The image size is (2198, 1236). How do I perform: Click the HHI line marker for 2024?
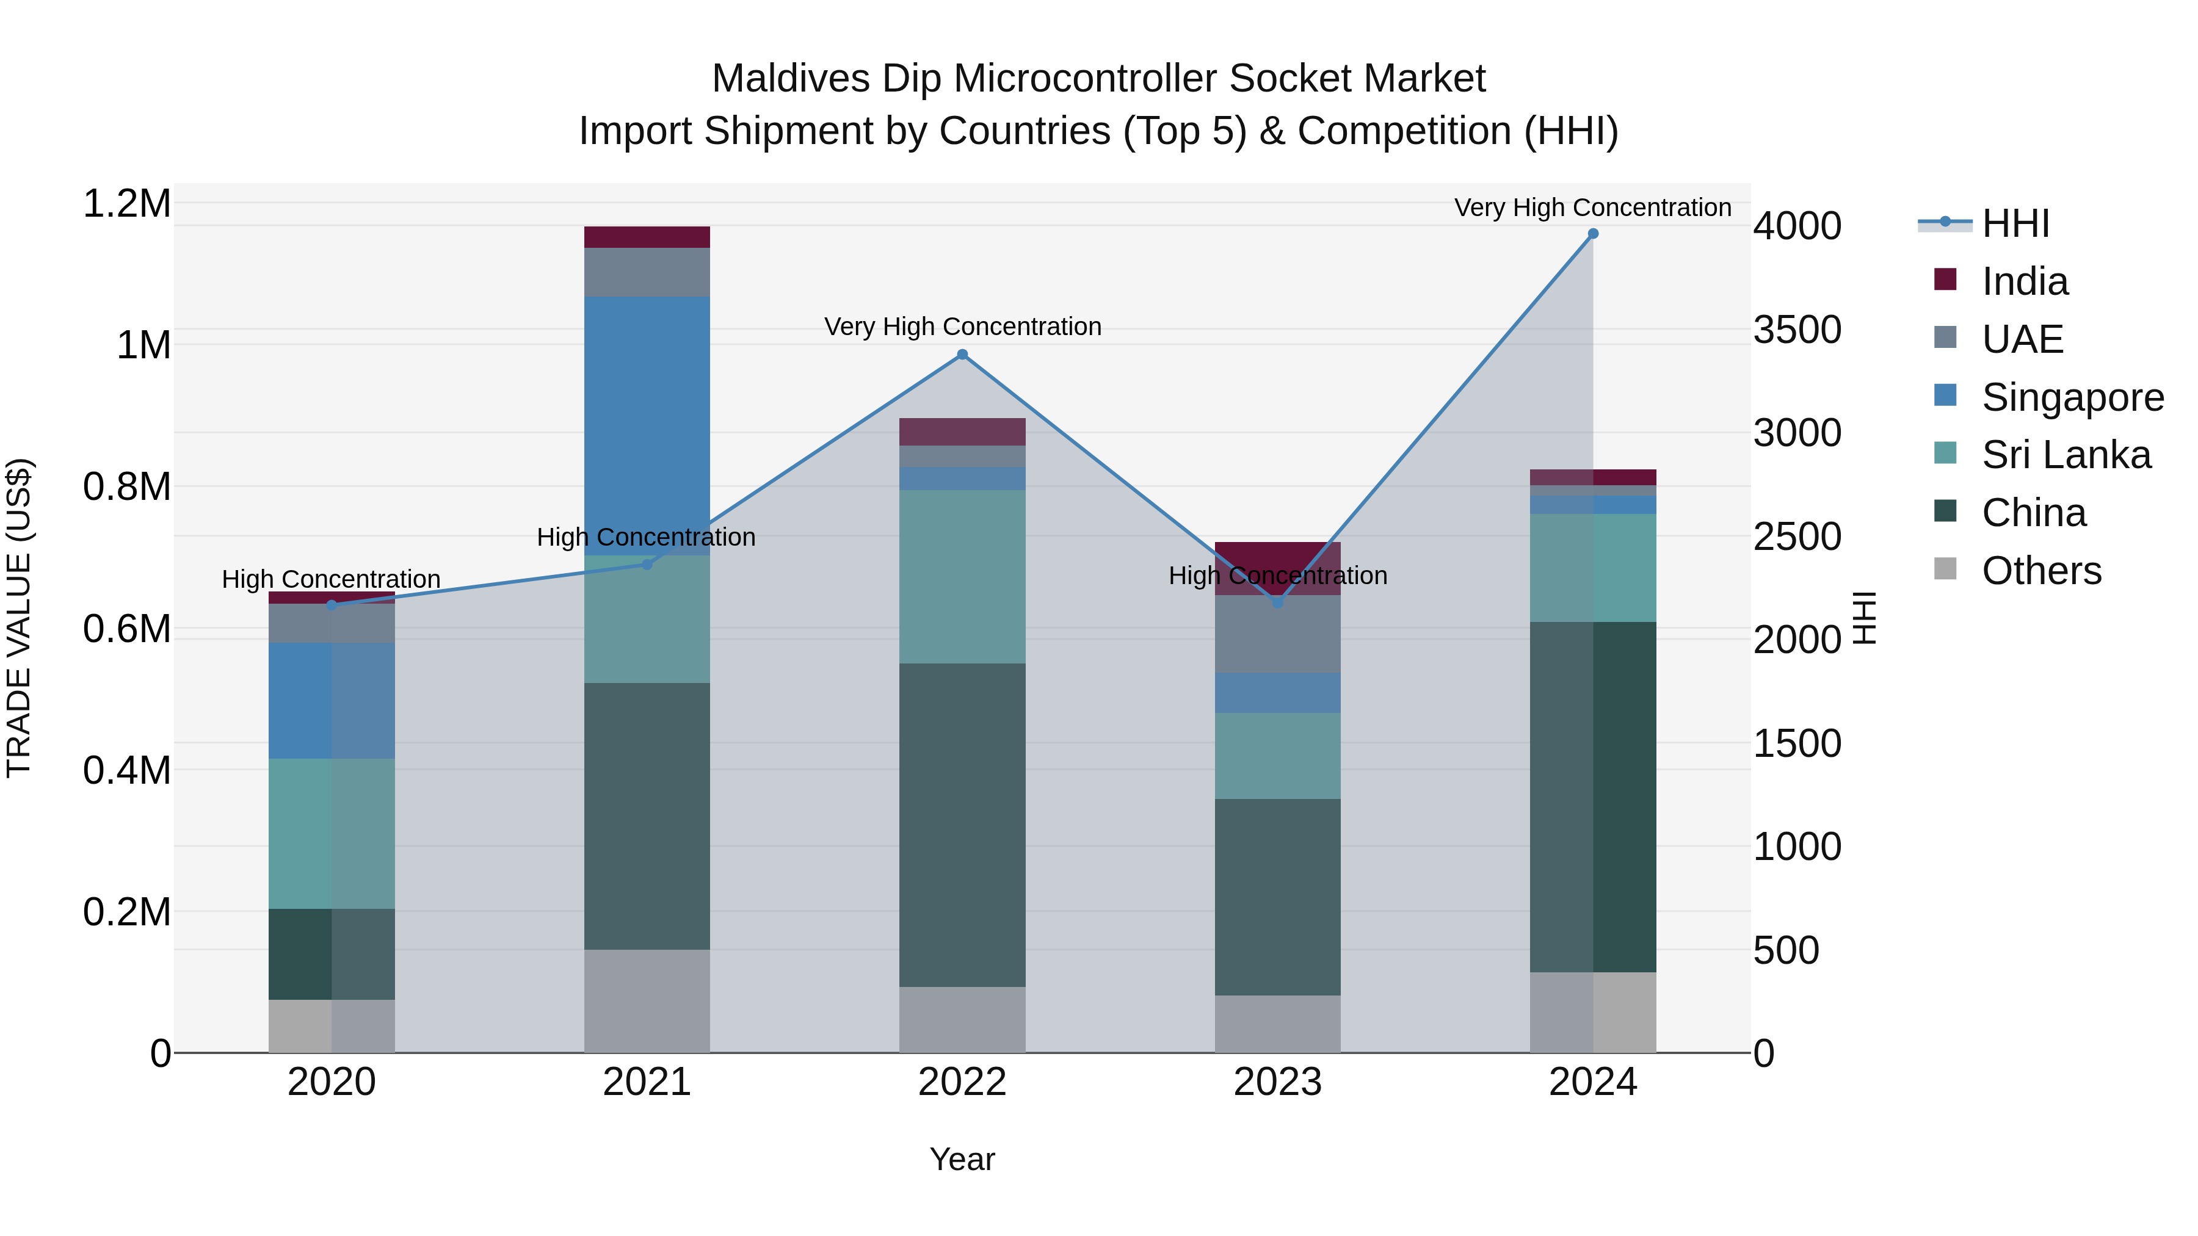1592,234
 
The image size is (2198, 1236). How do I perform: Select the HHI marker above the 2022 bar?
962,354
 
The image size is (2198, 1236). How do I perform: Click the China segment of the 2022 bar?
962,824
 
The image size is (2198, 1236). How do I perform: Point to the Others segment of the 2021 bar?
647,1000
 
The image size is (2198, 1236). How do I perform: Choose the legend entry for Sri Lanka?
2064,455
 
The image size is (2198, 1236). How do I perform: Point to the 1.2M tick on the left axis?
127,204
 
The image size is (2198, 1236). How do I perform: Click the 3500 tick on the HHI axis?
1797,330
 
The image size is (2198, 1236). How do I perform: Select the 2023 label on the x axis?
1277,1082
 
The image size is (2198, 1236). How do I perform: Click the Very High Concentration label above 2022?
962,327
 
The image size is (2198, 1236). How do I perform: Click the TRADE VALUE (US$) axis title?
19,618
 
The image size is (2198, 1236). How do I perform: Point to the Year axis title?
962,1159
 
